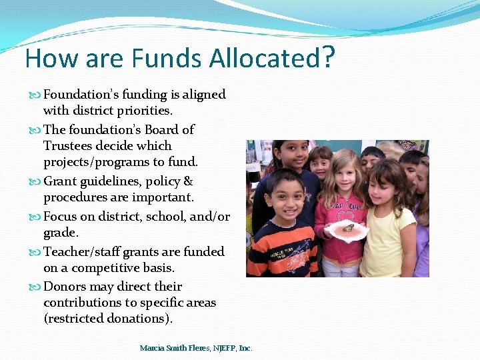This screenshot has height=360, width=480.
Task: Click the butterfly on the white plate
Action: [x=348, y=228]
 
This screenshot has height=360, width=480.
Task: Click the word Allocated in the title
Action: [x=264, y=59]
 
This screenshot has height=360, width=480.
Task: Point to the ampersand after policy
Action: [x=188, y=181]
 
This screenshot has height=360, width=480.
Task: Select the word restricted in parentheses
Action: [x=76, y=319]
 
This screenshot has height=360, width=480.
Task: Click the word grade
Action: [x=60, y=233]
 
